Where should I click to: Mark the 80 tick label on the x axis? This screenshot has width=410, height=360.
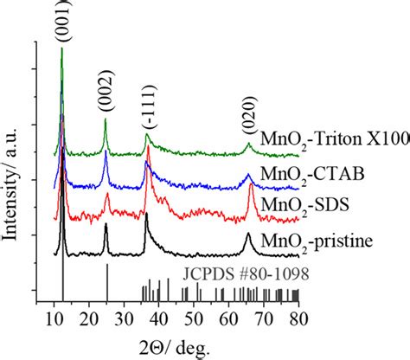pos(298,318)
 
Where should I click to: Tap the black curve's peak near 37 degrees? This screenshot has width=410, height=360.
pos(147,214)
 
